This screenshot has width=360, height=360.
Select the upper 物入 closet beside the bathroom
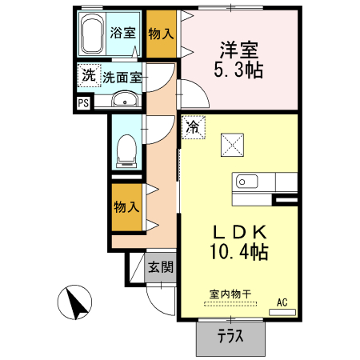pos(161,34)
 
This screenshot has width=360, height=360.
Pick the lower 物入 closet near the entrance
pos(126,206)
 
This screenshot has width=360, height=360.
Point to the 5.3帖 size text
pos(240,70)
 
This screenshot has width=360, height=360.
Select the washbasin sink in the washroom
pos(124,100)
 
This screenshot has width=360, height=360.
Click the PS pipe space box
pos(83,102)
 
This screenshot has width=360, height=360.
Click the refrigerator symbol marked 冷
pos(193,126)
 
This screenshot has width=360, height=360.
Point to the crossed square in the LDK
pos(231,144)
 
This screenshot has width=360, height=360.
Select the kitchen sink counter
pos(252,183)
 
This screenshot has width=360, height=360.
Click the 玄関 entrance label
pos(160,266)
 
